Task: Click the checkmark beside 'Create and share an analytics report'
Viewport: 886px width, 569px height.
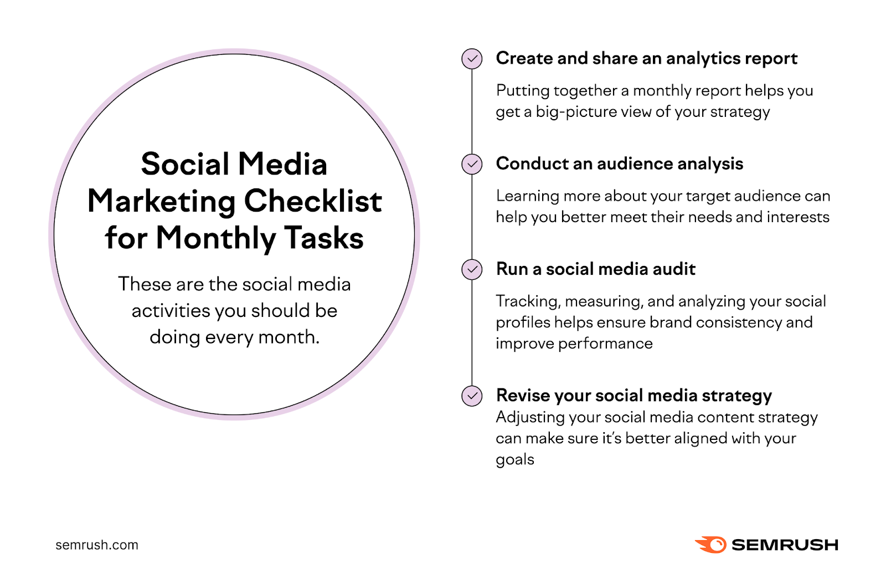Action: [472, 59]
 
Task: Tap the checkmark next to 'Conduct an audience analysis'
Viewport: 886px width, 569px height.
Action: [472, 164]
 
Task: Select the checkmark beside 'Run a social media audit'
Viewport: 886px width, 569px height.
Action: [472, 269]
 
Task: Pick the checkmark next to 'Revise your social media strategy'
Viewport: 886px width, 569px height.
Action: [472, 396]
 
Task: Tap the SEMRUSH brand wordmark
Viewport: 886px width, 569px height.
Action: [785, 545]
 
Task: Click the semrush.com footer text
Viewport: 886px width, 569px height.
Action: [97, 545]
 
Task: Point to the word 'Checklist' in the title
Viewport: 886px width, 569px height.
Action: [313, 201]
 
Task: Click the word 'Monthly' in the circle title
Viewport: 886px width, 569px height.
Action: [215, 238]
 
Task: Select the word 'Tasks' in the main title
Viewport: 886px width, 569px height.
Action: [324, 238]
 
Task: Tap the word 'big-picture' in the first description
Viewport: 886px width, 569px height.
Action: [576, 112]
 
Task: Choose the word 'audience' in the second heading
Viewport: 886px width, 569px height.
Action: [635, 164]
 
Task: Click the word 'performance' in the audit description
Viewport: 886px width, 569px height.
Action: [605, 344]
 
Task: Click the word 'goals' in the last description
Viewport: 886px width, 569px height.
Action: [515, 460]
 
